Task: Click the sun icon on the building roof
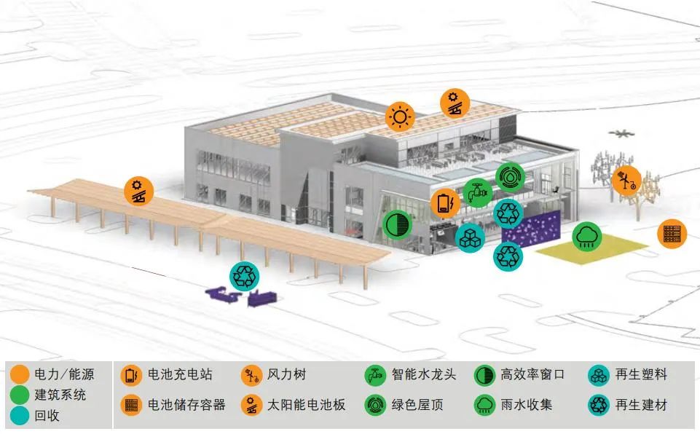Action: [x=399, y=117]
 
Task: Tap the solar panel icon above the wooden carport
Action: [x=138, y=192]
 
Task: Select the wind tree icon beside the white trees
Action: [x=626, y=179]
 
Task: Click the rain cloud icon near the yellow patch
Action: [x=586, y=236]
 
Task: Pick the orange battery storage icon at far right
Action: [x=672, y=234]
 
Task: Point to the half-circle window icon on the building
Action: [x=397, y=224]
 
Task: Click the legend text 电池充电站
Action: [x=180, y=375]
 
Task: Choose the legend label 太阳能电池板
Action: [x=306, y=405]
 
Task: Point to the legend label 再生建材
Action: [x=641, y=405]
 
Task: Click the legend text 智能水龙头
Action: [x=424, y=375]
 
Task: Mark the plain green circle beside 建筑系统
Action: [x=20, y=395]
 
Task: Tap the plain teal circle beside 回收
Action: [x=20, y=416]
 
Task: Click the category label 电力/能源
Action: [x=64, y=375]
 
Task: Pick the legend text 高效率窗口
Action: [x=532, y=375]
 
